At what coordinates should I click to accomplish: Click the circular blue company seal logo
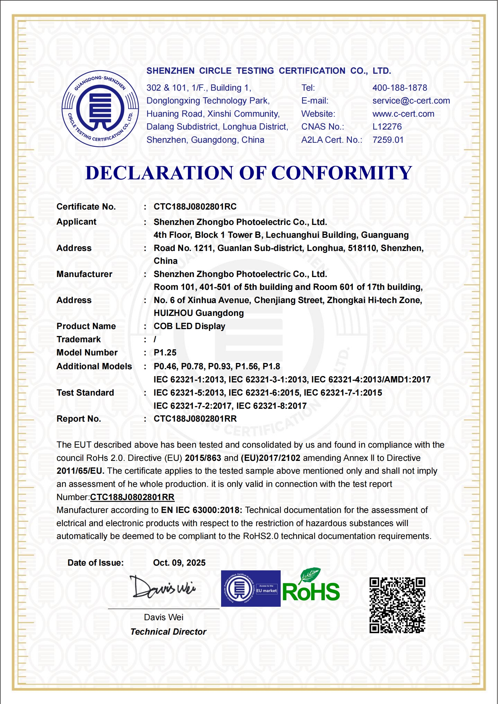pyautogui.click(x=100, y=109)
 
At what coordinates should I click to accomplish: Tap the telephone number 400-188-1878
pyautogui.click(x=400, y=88)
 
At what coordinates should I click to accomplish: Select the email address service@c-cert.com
pyautogui.click(x=411, y=101)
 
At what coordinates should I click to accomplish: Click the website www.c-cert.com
pyautogui.click(x=403, y=114)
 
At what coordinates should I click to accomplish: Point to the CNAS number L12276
pyautogui.click(x=387, y=127)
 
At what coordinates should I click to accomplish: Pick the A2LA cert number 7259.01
pyautogui.click(x=388, y=140)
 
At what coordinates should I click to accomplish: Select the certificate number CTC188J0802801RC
pyautogui.click(x=195, y=207)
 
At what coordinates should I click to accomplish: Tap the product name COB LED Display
pyautogui.click(x=189, y=326)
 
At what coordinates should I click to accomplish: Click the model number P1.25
pyautogui.click(x=165, y=353)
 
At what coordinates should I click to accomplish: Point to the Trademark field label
pyautogui.click(x=78, y=339)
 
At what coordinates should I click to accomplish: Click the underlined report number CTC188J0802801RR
pyautogui.click(x=132, y=497)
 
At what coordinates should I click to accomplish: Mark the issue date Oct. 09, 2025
pyautogui.click(x=179, y=563)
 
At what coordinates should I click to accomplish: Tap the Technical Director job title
pyautogui.click(x=168, y=632)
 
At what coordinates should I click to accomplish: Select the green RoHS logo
pyautogui.click(x=311, y=587)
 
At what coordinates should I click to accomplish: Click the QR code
pyautogui.click(x=397, y=605)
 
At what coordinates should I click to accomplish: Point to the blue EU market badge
pyautogui.click(x=251, y=589)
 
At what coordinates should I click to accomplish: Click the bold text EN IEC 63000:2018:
pyautogui.click(x=201, y=510)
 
